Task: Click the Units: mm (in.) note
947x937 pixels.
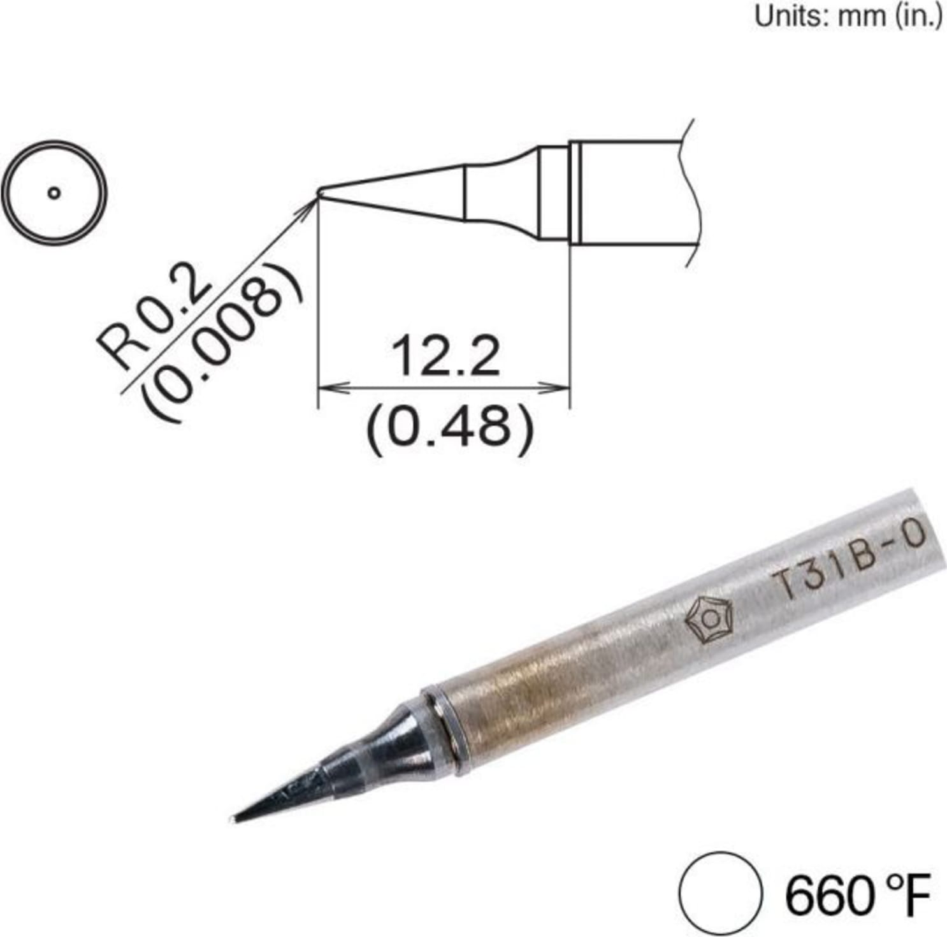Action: point(847,17)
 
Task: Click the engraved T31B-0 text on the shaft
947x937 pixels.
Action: point(848,562)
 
